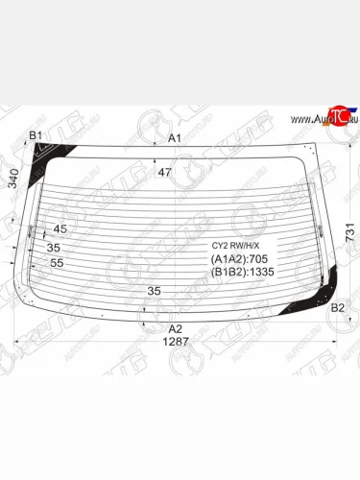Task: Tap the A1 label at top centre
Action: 175,138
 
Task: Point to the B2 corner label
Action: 338,308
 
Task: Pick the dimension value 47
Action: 164,173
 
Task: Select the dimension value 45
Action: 60,228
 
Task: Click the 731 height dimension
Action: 351,231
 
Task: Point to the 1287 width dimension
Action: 175,342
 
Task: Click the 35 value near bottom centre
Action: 155,290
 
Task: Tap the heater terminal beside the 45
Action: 32,230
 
